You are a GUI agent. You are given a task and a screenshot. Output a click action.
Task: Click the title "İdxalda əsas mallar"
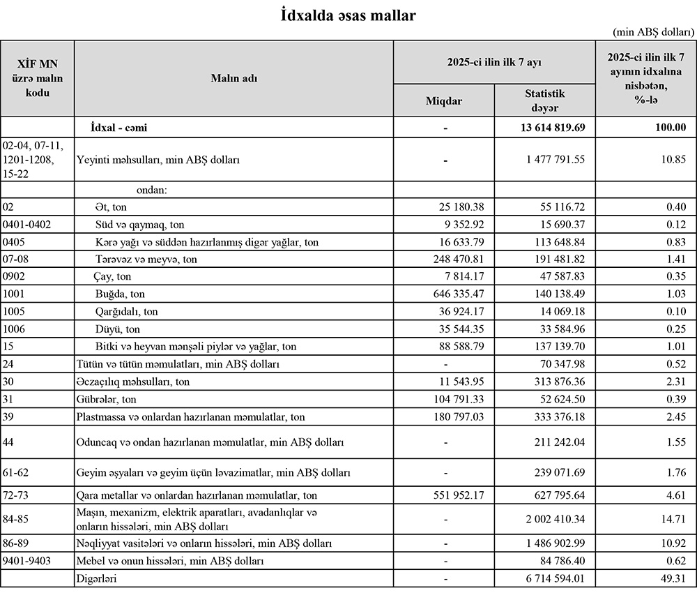[348, 14]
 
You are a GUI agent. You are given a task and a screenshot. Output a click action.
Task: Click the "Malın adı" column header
[233, 78]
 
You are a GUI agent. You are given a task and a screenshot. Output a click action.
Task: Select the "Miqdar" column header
[443, 101]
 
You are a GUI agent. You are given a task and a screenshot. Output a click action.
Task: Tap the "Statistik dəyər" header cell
[544, 100]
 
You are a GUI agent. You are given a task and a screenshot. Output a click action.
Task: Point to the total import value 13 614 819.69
[546, 128]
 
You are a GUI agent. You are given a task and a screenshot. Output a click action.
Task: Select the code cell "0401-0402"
[27, 225]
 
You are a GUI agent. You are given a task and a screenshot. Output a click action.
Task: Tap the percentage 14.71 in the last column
[673, 518]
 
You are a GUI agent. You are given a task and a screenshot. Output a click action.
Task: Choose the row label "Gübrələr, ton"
[106, 399]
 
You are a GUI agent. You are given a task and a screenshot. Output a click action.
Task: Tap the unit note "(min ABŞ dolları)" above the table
[652, 32]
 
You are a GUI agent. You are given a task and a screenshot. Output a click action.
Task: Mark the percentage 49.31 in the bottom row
[673, 578]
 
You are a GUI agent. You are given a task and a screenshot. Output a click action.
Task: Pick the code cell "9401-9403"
[27, 560]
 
